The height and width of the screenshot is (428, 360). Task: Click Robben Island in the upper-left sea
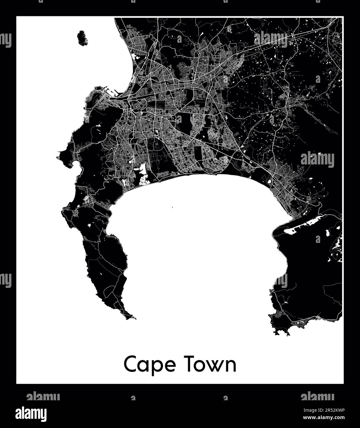(x=82, y=38)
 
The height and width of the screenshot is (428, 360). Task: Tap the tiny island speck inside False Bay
(x=172, y=207)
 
